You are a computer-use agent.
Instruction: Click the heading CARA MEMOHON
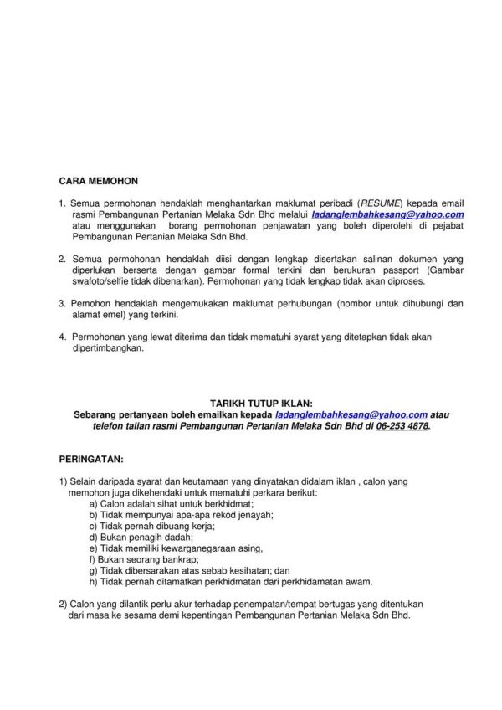pos(99,180)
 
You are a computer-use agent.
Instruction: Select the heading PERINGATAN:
pos(91,460)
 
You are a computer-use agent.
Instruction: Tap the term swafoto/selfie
pos(103,285)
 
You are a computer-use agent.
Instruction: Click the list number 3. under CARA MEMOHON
pos(63,305)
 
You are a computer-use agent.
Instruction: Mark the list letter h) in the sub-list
pos(93,580)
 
